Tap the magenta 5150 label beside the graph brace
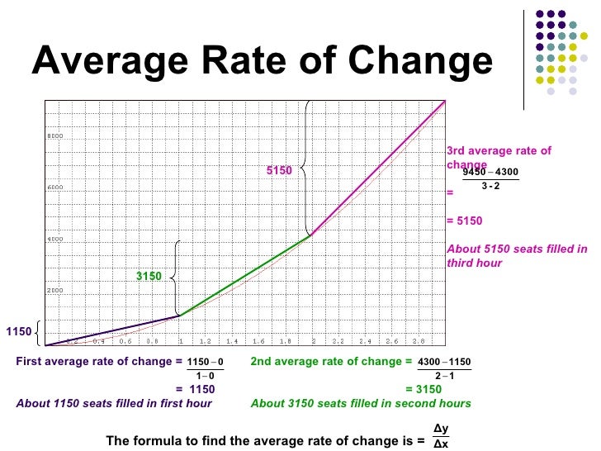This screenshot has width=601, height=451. (279, 170)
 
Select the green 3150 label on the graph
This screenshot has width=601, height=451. (149, 276)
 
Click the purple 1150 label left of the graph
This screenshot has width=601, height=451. (18, 332)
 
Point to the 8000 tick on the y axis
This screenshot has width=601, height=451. (54, 135)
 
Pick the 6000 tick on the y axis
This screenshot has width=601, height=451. (54, 188)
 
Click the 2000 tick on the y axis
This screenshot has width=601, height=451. (54, 291)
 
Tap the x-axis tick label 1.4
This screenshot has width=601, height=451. (232, 340)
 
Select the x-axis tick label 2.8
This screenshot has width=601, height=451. (418, 340)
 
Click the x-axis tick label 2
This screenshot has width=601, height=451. (313, 340)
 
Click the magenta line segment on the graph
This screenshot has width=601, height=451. (380, 169)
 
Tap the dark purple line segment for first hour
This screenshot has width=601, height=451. (116, 330)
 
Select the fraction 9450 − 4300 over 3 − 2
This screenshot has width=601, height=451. (490, 178)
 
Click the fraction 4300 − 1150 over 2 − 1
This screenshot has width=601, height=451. (444, 369)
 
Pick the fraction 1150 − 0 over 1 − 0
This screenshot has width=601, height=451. (206, 369)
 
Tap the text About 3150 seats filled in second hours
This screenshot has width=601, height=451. (361, 404)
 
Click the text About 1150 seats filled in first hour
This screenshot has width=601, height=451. (114, 404)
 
